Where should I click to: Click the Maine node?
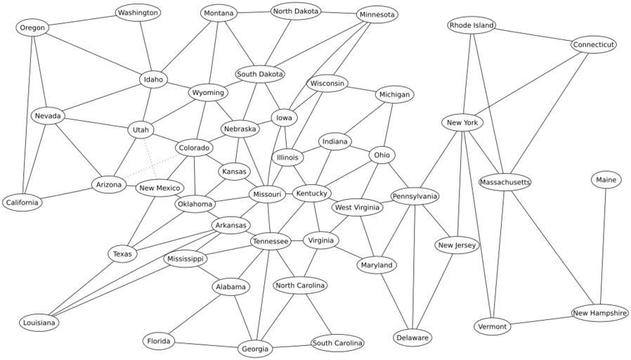(606, 180)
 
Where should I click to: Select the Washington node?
(138, 13)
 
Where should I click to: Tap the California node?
(22, 202)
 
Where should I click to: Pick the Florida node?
(158, 342)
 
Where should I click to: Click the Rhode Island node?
(471, 25)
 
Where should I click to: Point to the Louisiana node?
(39, 323)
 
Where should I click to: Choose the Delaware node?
(412, 337)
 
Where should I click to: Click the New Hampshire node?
(599, 313)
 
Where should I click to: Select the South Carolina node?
(337, 343)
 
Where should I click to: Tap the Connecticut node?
(593, 44)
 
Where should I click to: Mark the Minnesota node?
(377, 14)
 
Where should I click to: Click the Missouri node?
(266, 194)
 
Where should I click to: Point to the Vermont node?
(492, 327)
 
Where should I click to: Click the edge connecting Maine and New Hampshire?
(603, 246)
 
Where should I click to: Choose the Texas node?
(122, 254)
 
